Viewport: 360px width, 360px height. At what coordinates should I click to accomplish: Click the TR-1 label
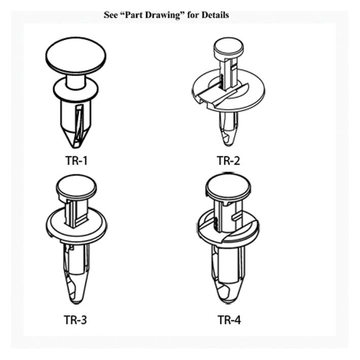coord(76,161)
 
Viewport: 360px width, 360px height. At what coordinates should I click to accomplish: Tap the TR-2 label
coord(228,161)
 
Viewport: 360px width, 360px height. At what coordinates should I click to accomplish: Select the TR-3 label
coord(76,319)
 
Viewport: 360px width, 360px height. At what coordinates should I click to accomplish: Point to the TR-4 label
coord(229,319)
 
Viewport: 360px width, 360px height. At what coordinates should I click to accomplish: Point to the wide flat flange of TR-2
coord(249,91)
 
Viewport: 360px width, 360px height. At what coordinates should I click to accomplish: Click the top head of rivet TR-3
coord(76,186)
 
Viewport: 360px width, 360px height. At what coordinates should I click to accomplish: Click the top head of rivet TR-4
coord(228,187)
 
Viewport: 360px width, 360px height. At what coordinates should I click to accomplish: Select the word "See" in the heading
coord(111,15)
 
